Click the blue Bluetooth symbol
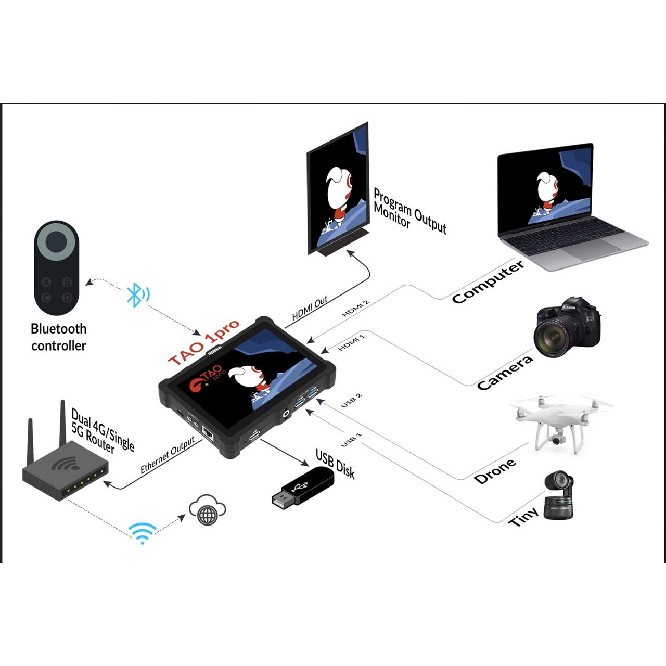(x=138, y=295)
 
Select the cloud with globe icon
(x=208, y=510)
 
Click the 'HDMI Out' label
(x=310, y=309)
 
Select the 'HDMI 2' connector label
(x=356, y=308)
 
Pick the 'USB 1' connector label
(x=351, y=440)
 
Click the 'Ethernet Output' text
(x=168, y=455)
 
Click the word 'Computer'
(x=488, y=281)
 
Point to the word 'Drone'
(x=495, y=471)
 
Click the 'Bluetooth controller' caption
(x=58, y=337)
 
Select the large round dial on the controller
(x=57, y=241)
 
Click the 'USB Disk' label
(x=335, y=464)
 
